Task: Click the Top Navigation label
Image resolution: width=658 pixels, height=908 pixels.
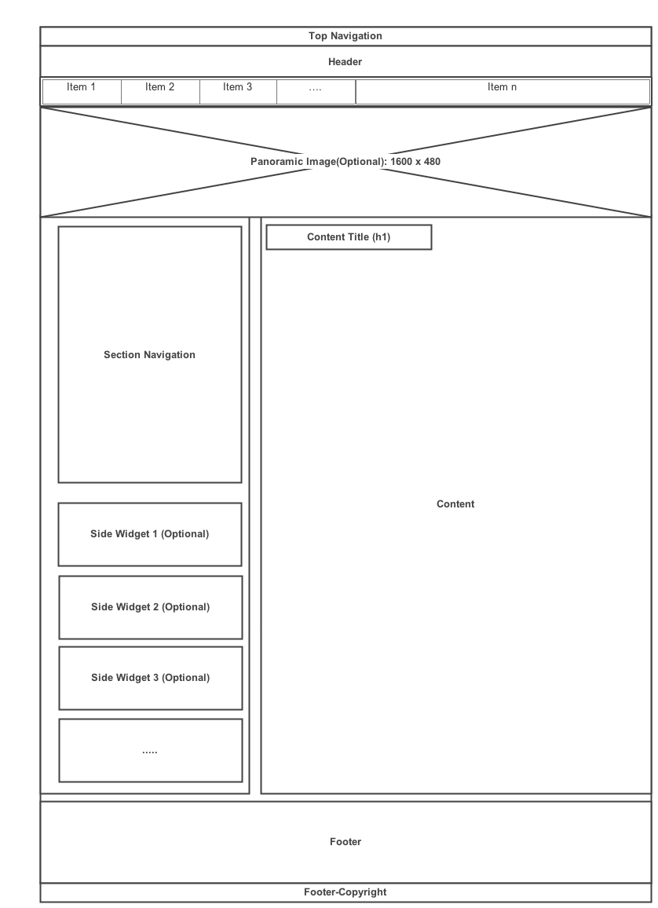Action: pos(345,36)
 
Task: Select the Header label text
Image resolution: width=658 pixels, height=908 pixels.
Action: pos(345,62)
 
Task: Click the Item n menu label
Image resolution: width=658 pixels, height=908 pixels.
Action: pos(502,87)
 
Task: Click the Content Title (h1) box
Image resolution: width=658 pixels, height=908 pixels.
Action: pos(349,237)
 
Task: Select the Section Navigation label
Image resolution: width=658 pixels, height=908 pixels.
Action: pos(149,355)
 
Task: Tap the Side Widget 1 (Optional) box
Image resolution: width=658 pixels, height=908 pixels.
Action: pos(149,534)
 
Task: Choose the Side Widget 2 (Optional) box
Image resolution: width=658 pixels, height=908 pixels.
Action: pos(150,607)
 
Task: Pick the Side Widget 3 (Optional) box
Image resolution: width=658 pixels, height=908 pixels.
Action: pos(150,678)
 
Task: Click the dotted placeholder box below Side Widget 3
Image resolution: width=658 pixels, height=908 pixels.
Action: pos(150,751)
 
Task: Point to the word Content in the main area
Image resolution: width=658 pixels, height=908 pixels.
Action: pos(455,504)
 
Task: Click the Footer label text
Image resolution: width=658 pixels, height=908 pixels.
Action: pos(345,842)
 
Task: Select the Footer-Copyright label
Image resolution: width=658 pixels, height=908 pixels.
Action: pos(345,892)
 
